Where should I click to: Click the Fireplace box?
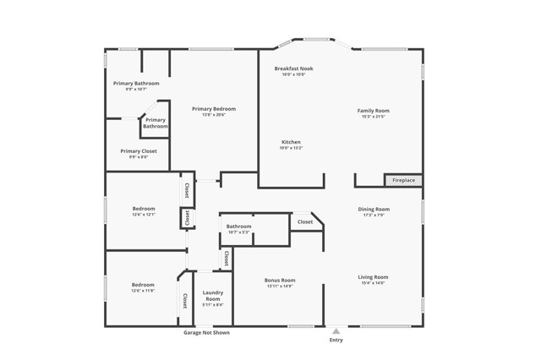(x=403, y=180)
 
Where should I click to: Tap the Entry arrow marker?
(x=336, y=331)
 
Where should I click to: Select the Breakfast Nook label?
(x=293, y=68)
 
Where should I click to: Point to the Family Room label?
(x=373, y=111)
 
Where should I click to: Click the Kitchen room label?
(x=291, y=142)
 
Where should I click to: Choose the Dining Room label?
(x=374, y=209)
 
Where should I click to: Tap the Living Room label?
(x=373, y=277)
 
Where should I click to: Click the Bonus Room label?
(x=280, y=280)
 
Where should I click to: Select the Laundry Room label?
(x=213, y=296)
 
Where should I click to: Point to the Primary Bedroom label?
(x=214, y=109)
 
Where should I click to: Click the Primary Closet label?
(x=139, y=151)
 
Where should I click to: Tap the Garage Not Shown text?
(x=206, y=333)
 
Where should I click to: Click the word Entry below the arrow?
(x=336, y=341)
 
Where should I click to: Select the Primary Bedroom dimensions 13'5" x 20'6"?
(x=214, y=115)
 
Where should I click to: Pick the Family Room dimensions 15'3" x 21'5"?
(x=373, y=117)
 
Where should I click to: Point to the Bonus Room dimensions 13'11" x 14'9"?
(x=280, y=286)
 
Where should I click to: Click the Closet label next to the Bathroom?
(x=305, y=222)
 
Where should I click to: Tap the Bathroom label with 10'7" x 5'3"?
(x=238, y=226)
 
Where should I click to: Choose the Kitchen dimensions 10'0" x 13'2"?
(x=291, y=148)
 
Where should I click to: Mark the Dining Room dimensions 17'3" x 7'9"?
(x=374, y=215)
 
